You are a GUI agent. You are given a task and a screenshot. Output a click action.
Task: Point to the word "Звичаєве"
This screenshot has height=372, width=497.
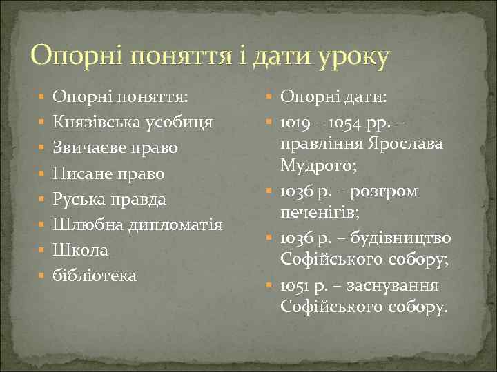click(88, 148)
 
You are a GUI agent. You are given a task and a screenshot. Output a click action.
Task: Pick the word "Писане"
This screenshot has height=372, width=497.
click(80, 174)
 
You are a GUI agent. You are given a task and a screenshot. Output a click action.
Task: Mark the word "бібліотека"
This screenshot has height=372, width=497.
click(95, 276)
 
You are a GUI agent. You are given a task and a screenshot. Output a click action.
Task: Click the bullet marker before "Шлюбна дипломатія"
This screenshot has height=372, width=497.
click(42, 225)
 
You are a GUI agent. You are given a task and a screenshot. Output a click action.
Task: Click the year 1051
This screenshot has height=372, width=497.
click(295, 285)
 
